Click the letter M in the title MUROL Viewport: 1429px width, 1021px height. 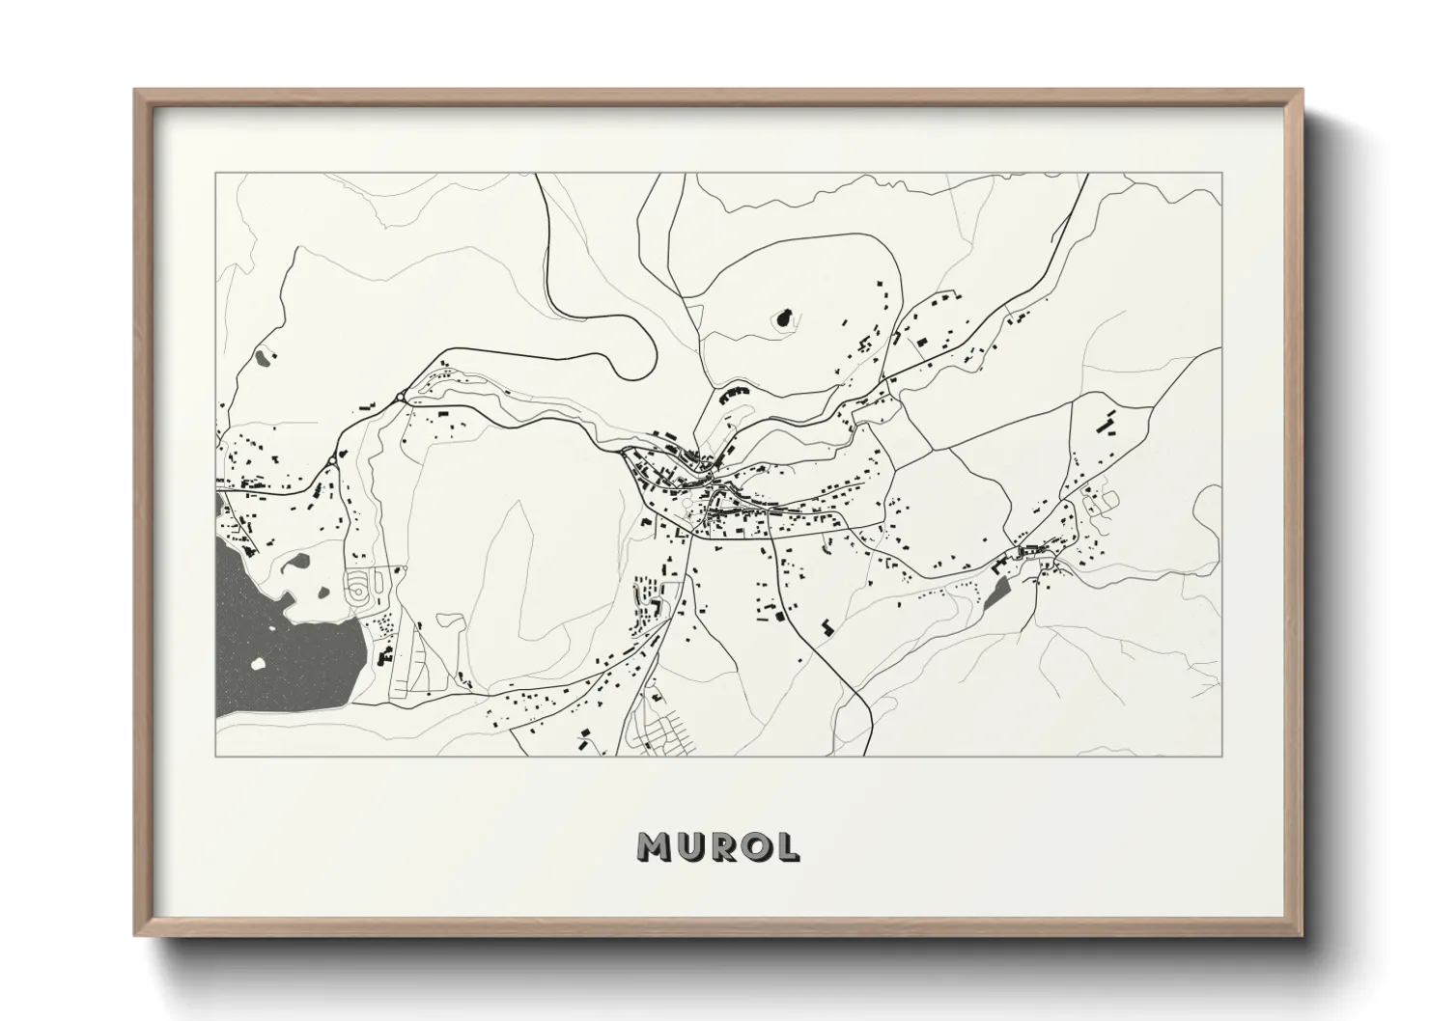point(655,846)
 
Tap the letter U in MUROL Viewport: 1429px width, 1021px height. point(691,846)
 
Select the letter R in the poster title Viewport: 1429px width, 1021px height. point(723,846)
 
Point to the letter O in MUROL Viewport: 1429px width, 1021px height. point(756,846)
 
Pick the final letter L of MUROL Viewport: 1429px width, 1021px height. point(787,846)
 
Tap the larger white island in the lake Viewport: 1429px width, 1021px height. point(258,663)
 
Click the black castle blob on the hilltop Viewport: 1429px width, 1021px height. point(784,317)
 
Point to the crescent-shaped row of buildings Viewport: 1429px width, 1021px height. point(733,393)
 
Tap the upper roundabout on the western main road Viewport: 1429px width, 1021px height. point(399,396)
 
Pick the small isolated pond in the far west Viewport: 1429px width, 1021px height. point(262,356)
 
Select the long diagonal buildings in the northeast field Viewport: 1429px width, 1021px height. point(1108,424)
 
